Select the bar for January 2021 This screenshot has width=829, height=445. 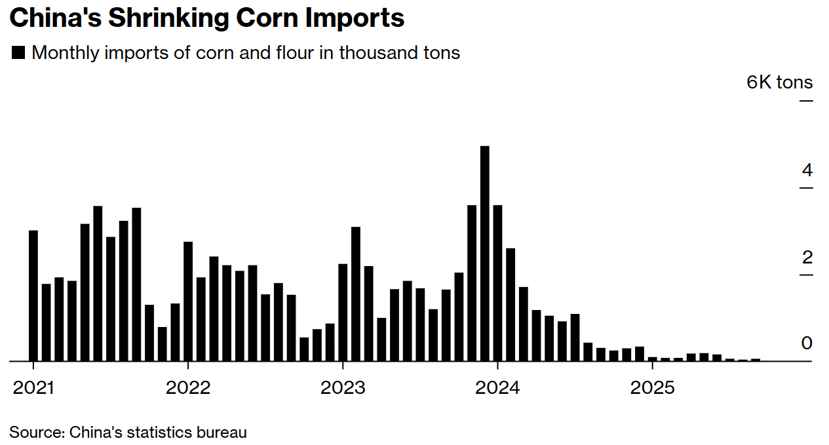[x=33, y=296]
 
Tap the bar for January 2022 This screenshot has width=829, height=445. [x=188, y=301]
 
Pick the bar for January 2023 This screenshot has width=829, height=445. [x=343, y=312]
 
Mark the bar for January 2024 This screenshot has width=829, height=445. [x=497, y=282]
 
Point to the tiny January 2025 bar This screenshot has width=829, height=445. [x=652, y=358]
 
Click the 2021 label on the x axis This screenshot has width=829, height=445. [x=34, y=387]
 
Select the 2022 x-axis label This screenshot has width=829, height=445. [x=188, y=387]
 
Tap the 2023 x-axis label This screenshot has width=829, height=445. [x=343, y=387]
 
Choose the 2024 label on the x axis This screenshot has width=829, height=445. [x=497, y=387]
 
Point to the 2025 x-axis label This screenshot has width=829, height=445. [x=652, y=387]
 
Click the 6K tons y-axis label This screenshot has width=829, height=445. [x=779, y=83]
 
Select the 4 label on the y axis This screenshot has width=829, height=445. [x=807, y=170]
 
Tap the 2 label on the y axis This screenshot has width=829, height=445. [x=807, y=257]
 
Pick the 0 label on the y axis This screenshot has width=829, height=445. [x=807, y=343]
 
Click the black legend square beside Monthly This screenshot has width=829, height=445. [x=18, y=53]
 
